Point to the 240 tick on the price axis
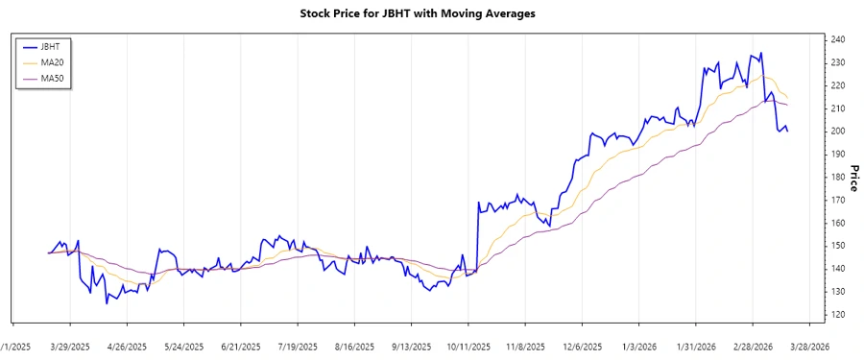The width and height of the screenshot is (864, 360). (x=838, y=39)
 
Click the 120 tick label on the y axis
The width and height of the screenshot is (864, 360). (x=838, y=315)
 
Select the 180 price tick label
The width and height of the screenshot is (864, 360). (x=838, y=177)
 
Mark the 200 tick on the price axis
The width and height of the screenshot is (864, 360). (x=838, y=132)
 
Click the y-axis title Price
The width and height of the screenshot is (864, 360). (x=854, y=177)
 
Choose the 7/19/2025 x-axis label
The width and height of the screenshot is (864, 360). (x=298, y=346)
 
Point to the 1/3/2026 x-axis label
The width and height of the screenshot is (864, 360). (x=639, y=346)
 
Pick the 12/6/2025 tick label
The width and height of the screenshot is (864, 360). (x=583, y=346)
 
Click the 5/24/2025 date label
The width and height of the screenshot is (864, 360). (x=184, y=346)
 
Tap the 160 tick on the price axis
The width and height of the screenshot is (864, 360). (x=838, y=223)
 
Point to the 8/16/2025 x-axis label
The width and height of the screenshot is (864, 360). (x=354, y=346)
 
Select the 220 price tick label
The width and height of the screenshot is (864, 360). (x=838, y=85)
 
